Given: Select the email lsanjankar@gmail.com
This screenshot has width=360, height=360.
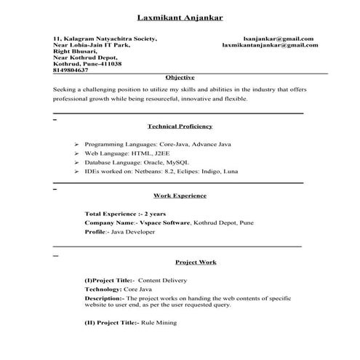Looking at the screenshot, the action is point(278,38).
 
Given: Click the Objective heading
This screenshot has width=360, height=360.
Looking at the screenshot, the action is point(180,76).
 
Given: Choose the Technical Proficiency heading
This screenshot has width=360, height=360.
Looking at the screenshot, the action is point(180,126).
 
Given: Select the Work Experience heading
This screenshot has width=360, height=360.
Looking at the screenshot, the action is point(180,195).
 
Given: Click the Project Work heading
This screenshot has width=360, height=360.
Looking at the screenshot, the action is point(196,261).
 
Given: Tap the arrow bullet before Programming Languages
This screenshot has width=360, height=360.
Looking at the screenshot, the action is point(77,145).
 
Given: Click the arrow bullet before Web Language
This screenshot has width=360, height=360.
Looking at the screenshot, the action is point(77,153).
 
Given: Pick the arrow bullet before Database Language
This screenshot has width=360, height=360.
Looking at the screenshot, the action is point(77,163).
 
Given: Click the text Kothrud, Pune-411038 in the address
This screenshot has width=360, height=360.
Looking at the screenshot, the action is point(82,63).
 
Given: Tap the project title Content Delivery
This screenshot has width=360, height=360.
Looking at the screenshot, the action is point(163,280).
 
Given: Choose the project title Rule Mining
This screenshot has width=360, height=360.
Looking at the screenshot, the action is point(159,321).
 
